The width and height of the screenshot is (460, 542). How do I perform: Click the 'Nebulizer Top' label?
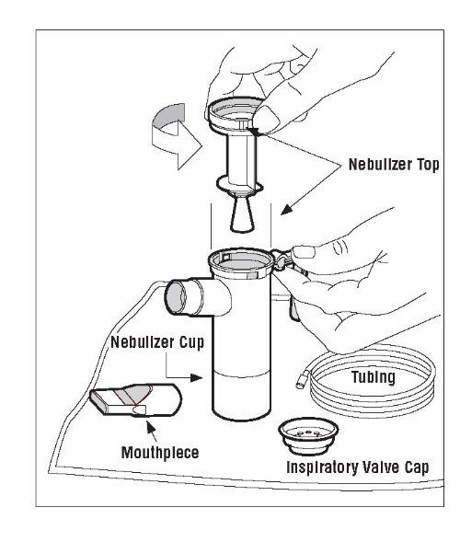pyautogui.click(x=394, y=165)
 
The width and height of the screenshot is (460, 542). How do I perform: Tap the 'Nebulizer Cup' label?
pyautogui.click(x=157, y=342)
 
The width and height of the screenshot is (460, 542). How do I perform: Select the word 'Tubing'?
pyautogui.click(x=374, y=376)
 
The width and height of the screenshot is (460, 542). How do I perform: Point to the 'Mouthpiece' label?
pyautogui.click(x=160, y=453)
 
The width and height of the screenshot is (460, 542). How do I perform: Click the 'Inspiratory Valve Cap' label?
pyautogui.click(x=358, y=467)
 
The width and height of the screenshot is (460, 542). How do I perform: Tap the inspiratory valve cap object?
pyautogui.click(x=308, y=436)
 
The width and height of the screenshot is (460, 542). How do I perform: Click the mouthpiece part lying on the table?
pyautogui.click(x=136, y=399)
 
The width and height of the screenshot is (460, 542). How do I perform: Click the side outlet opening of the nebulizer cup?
pyautogui.click(x=177, y=297)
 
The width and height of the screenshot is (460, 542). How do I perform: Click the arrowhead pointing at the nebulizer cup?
pyautogui.click(x=196, y=377)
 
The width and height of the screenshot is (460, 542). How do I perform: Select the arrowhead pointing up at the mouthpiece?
pyautogui.click(x=150, y=427)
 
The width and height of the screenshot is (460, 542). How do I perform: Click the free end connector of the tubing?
pyautogui.click(x=301, y=382)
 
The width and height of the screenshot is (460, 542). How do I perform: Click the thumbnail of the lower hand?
pyautogui.click(x=304, y=252)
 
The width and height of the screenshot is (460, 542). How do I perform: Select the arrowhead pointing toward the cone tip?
pyautogui.click(x=286, y=210)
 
